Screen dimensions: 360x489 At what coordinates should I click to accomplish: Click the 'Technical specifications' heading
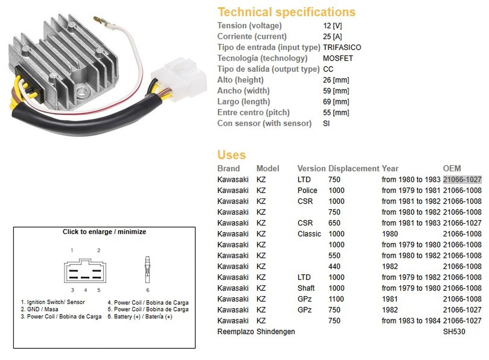point(286,12)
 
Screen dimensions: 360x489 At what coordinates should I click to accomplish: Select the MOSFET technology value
point(338,58)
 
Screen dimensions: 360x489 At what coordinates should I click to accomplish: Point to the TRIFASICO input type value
point(342,47)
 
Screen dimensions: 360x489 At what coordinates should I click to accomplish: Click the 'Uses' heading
point(231,155)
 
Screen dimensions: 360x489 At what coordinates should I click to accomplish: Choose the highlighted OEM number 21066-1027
point(462,180)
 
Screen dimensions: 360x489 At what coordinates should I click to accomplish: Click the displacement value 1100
point(336,299)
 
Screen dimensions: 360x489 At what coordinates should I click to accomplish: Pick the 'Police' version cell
point(307,190)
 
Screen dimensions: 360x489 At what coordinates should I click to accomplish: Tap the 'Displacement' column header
point(354,169)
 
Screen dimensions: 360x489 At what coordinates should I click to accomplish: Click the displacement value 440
point(334,266)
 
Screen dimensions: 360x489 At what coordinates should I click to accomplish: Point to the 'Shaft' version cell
point(306,288)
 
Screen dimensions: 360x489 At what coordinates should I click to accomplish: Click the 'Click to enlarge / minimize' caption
point(104,232)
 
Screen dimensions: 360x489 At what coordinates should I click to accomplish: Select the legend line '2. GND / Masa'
point(40,310)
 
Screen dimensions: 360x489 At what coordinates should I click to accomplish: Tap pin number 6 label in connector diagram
point(148,290)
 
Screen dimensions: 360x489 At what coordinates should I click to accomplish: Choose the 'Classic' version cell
point(309,234)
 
